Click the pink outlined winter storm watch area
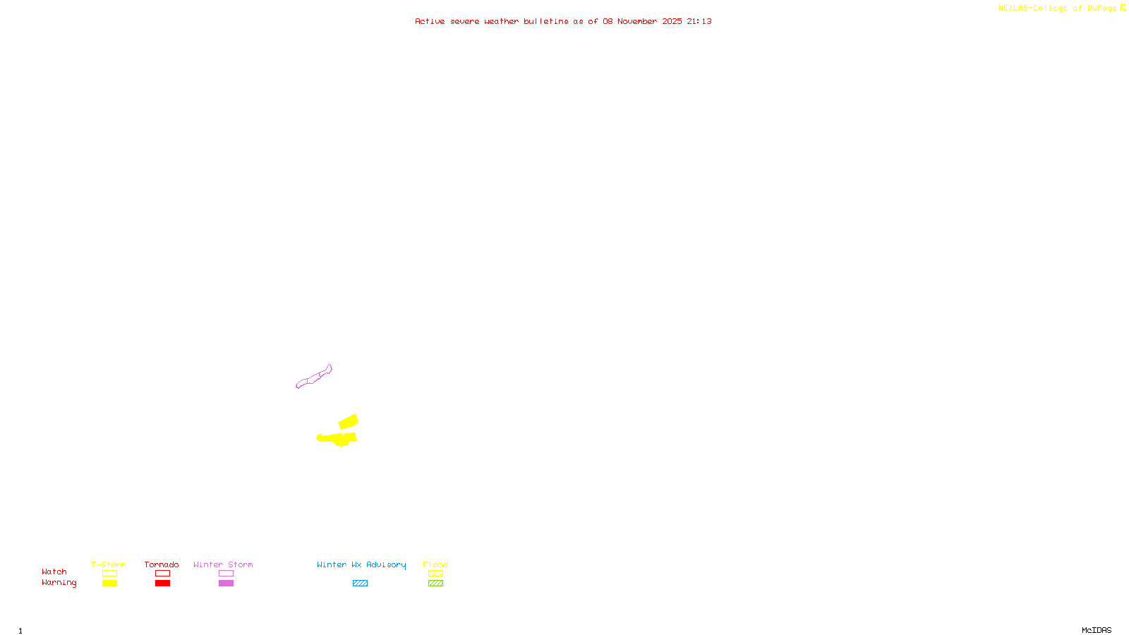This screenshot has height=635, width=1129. click(x=313, y=378)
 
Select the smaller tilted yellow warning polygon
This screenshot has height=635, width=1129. click(x=349, y=422)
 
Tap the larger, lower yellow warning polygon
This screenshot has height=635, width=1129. click(x=339, y=439)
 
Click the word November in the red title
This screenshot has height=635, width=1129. click(x=637, y=21)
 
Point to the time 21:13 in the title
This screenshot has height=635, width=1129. click(x=699, y=21)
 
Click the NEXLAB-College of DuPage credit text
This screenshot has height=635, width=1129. click(x=1058, y=8)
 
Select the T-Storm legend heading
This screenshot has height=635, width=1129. click(x=109, y=564)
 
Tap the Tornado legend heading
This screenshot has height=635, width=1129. click(x=162, y=564)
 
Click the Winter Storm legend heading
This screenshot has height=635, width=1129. click(x=223, y=564)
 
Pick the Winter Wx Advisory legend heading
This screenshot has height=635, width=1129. click(x=361, y=564)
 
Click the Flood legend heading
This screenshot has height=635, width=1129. click(x=435, y=564)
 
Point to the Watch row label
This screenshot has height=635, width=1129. click(x=54, y=571)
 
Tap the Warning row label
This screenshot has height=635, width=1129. click(x=59, y=583)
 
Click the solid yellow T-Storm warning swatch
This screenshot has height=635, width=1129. click(x=109, y=583)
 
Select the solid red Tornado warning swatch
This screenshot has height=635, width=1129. click(x=162, y=583)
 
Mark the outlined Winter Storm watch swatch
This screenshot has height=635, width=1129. click(x=226, y=574)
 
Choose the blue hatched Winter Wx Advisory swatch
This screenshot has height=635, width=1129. click(x=360, y=583)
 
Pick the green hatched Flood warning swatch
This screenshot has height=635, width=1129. click(x=435, y=583)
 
